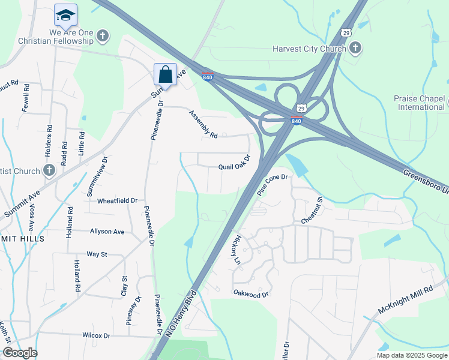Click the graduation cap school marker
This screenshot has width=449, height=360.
click(65, 14)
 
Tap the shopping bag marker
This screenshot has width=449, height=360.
click(165, 74)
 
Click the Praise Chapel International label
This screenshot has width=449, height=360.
click(420, 103)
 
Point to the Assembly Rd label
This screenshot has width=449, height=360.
click(203, 124)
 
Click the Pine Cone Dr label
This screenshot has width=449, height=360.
click(273, 185)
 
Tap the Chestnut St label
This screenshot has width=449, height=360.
click(312, 211)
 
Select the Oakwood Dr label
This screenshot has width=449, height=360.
click(251, 294)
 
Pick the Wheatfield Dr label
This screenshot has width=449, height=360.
click(118, 200)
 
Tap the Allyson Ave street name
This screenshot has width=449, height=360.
click(107, 231)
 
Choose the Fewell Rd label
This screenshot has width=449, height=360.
click(26, 98)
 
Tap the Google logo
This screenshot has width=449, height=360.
click(20, 353)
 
